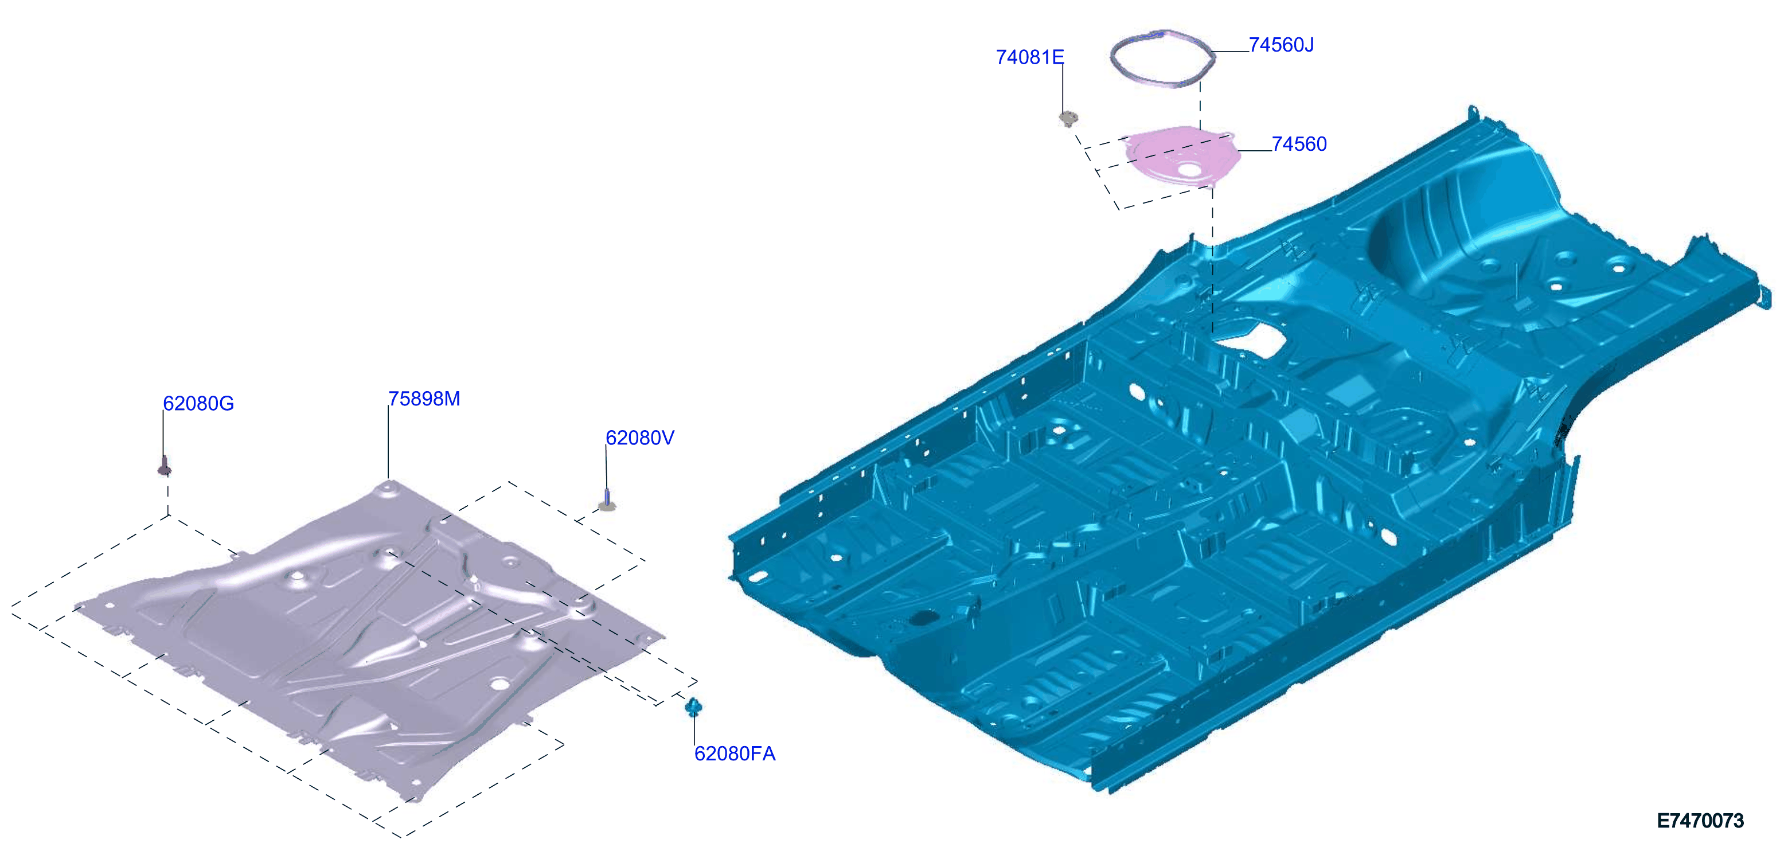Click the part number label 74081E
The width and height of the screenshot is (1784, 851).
click(x=1029, y=57)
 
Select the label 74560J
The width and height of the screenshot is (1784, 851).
click(x=1281, y=44)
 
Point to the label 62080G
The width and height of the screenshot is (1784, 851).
click(x=198, y=403)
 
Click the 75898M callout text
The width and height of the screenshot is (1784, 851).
click(x=424, y=399)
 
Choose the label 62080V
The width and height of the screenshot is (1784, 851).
click(x=639, y=438)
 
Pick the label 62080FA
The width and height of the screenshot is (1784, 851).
click(x=735, y=754)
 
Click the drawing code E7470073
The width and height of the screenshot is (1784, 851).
click(x=1700, y=821)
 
